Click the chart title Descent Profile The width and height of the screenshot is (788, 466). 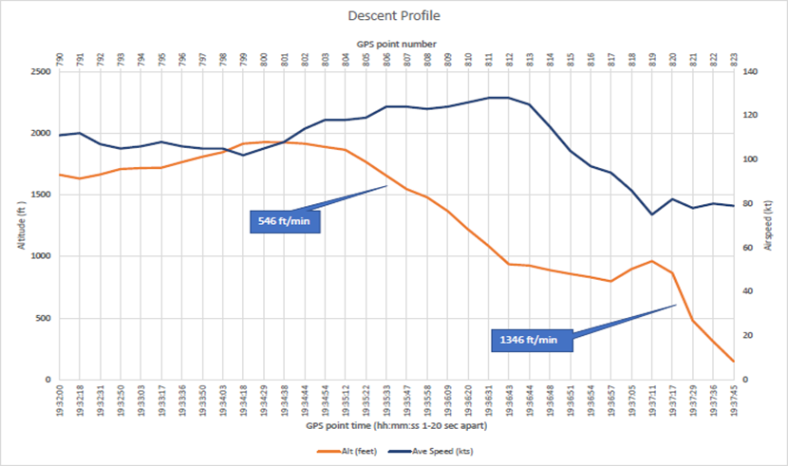pyautogui.click(x=393, y=16)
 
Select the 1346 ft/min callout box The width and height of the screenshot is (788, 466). pyautogui.click(x=533, y=339)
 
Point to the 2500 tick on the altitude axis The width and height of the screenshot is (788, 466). pyautogui.click(x=40, y=71)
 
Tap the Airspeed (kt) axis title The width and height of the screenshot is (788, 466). pyautogui.click(x=769, y=225)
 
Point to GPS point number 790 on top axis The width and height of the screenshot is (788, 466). pyautogui.click(x=59, y=60)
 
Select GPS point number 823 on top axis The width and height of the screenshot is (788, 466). pyautogui.click(x=734, y=60)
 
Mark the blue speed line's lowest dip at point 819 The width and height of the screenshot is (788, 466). pyautogui.click(x=652, y=214)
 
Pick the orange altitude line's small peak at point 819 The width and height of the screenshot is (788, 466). pyautogui.click(x=652, y=261)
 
